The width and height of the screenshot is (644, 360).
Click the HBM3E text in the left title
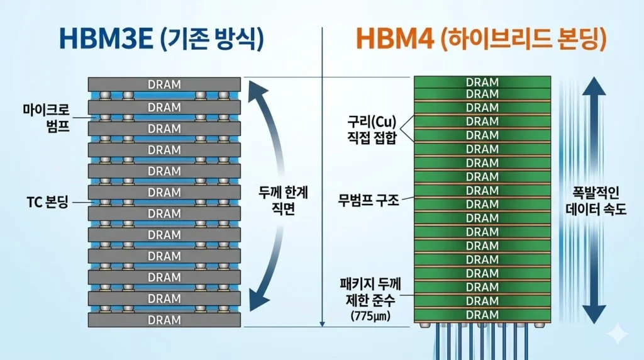106,38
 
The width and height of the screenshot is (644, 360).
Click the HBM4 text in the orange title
394,38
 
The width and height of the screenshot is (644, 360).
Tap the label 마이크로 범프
46,118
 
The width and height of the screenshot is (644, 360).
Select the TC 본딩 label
47,202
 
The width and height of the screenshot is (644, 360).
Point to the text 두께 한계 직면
284,201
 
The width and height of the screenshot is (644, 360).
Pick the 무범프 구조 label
369,200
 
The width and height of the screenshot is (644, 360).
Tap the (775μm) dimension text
370,316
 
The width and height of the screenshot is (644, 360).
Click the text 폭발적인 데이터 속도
596,201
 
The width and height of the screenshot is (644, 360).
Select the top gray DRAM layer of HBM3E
164,84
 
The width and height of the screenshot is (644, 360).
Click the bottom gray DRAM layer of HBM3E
164,320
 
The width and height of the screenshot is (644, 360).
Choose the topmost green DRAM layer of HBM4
482,82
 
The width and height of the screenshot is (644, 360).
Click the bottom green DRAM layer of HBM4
482,315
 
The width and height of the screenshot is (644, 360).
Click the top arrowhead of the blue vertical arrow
594,87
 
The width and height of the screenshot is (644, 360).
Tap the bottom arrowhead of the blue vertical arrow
594,314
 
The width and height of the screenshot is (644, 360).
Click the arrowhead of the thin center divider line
323,324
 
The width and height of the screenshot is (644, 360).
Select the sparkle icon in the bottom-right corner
618,334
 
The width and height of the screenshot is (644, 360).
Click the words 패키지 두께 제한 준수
370,292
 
